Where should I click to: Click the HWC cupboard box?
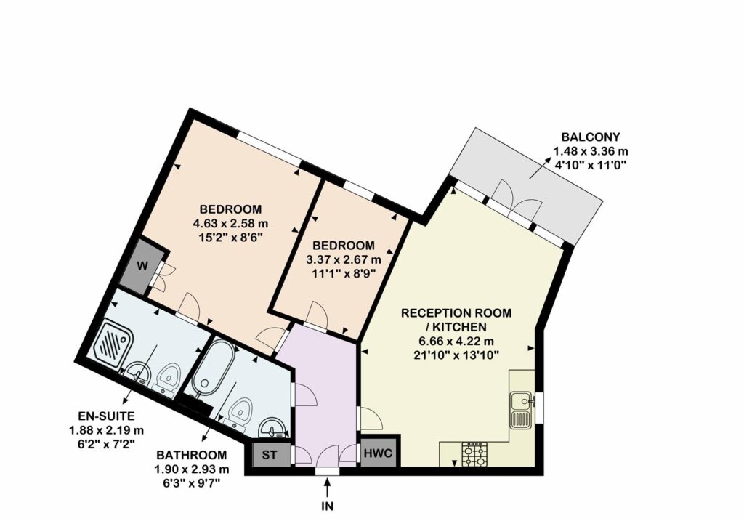(378, 452)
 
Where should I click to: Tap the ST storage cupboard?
(270, 455)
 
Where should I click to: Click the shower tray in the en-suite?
(114, 342)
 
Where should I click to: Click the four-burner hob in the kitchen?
(474, 454)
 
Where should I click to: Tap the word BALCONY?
(590, 137)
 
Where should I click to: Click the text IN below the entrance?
(328, 506)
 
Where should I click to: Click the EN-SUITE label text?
(106, 416)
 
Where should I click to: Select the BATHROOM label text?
(192, 455)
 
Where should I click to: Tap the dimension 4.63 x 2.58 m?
(230, 223)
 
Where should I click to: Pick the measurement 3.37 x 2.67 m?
(344, 259)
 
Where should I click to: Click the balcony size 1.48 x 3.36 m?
(591, 151)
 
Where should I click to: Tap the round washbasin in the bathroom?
(274, 428)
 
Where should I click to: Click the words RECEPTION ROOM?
(456, 312)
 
